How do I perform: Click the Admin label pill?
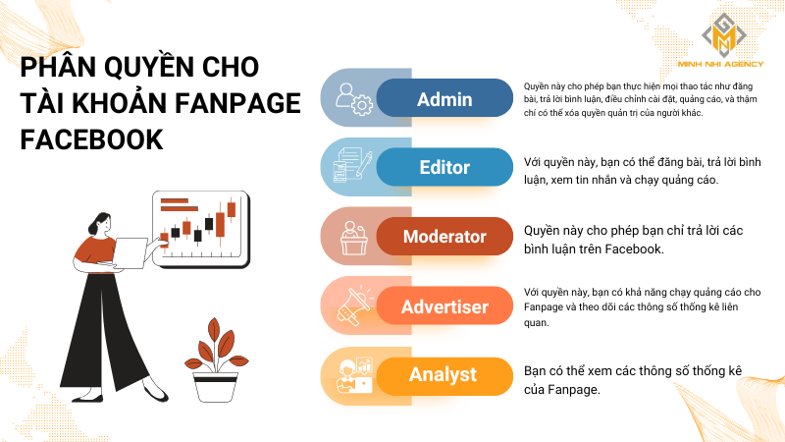pyautogui.click(x=445, y=99)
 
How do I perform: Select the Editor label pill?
pyautogui.click(x=445, y=167)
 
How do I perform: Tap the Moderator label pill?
pyautogui.click(x=445, y=237)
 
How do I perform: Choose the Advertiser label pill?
pyautogui.click(x=445, y=307)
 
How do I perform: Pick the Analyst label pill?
pyautogui.click(x=445, y=374)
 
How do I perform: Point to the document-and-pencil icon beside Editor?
pyautogui.click(x=351, y=167)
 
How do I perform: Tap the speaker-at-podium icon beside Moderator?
pyautogui.click(x=351, y=237)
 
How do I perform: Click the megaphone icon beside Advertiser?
pyautogui.click(x=351, y=305)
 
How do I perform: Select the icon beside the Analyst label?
pyautogui.click(x=351, y=374)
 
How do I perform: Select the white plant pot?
pyautogui.click(x=216, y=383)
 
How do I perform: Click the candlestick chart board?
pyautogui.click(x=201, y=225)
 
